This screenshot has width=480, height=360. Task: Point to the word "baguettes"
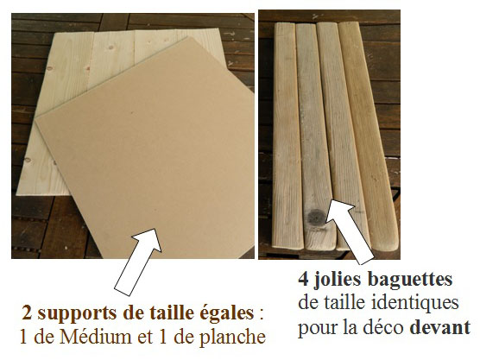(x=410, y=280)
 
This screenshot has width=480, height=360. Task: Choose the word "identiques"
(x=415, y=303)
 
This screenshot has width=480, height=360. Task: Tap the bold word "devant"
(x=440, y=327)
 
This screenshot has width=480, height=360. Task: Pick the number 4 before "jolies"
(x=304, y=279)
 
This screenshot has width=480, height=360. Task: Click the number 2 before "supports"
(x=27, y=313)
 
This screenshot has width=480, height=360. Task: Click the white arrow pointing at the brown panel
(x=138, y=262)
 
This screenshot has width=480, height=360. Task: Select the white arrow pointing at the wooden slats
(x=350, y=231)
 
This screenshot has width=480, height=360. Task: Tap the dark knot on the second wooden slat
(x=317, y=218)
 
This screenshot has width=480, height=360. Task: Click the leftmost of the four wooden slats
(x=287, y=136)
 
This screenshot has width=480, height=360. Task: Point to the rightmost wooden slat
(x=368, y=136)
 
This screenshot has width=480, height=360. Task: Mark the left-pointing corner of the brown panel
(x=35, y=119)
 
